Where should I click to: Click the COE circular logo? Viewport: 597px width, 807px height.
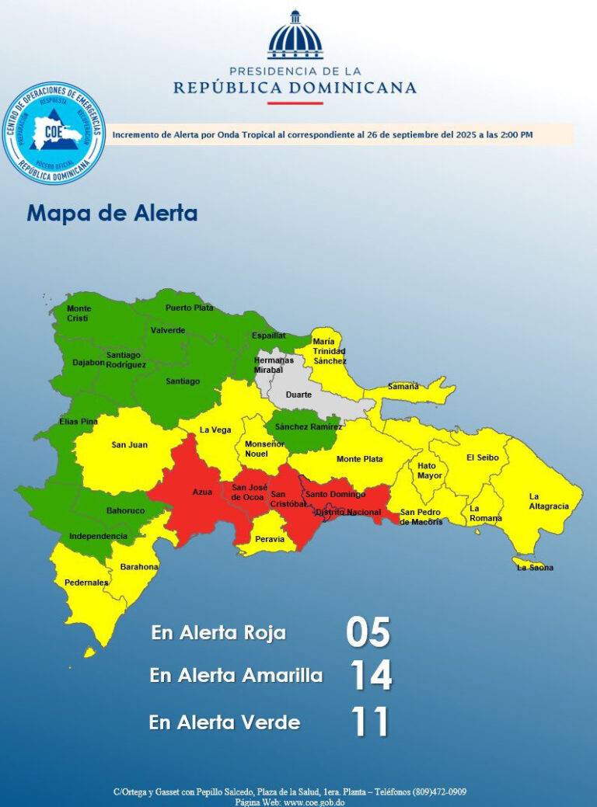coord(54,133)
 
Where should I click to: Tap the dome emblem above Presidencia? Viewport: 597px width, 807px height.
coord(295,36)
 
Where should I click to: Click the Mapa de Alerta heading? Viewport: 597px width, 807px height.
coord(112,213)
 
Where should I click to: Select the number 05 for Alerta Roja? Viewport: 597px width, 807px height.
coord(368,632)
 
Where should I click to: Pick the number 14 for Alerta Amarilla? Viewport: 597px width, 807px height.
coord(370,675)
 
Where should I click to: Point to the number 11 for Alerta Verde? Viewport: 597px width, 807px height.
coord(369,722)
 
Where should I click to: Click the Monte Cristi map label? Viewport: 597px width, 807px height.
coord(79,314)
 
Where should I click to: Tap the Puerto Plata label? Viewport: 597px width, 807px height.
coord(189,308)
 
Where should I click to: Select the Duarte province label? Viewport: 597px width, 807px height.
coord(298,395)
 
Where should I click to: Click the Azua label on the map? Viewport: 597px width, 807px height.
coord(202,492)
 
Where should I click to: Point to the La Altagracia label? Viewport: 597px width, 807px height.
coord(549,501)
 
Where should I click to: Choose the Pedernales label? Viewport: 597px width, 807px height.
coord(87,582)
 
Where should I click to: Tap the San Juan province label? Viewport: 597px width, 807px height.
coord(129,445)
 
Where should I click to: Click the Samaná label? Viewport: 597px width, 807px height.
coord(403,386)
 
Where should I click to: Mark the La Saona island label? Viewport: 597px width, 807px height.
coord(535,568)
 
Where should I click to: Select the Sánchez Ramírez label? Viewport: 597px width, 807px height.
coord(309,427)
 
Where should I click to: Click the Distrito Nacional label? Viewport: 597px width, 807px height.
coord(348,512)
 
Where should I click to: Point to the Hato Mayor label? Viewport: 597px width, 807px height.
coord(429,471)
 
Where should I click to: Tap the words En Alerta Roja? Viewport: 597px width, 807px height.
coord(218,632)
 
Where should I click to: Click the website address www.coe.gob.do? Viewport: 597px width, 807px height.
coord(315,801)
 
